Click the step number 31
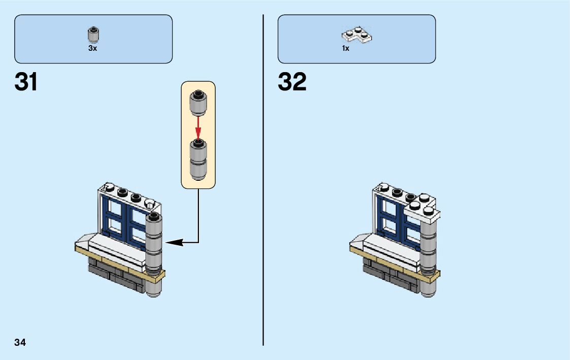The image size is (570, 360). (x=26, y=82)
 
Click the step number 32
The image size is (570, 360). (x=292, y=82)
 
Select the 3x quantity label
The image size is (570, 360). (x=92, y=49)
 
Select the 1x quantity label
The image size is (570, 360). (x=346, y=49)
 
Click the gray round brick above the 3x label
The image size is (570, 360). (x=93, y=35)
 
